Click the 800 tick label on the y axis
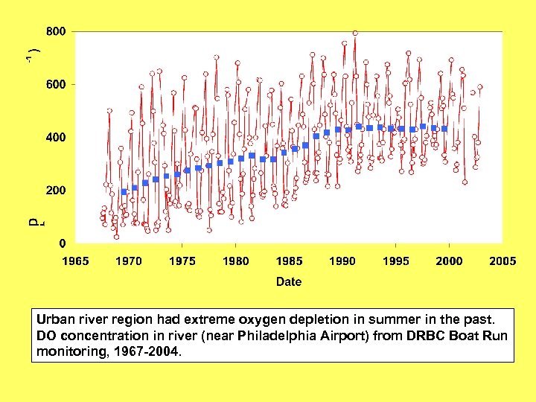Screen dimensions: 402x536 click(56, 32)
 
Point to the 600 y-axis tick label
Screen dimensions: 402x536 click(56, 85)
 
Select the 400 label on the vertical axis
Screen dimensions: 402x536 click(56, 138)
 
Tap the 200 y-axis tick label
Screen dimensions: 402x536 click(56, 191)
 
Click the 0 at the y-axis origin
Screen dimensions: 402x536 click(62, 243)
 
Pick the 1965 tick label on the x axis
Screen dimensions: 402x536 click(75, 261)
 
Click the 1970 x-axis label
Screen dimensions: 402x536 click(129, 261)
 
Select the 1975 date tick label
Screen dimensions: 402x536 click(182, 261)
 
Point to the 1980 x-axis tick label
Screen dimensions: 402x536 click(236, 261)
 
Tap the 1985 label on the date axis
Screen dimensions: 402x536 click(289, 261)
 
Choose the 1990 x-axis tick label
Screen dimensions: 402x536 click(342, 261)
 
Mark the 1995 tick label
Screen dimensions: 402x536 click(396, 261)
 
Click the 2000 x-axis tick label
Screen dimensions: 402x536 click(449, 261)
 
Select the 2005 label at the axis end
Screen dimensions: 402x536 click(502, 261)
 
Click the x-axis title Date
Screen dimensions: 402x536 click(289, 281)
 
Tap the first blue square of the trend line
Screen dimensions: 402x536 click(124, 192)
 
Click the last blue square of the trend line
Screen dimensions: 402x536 click(444, 129)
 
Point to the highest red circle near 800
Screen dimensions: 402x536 click(355, 33)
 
